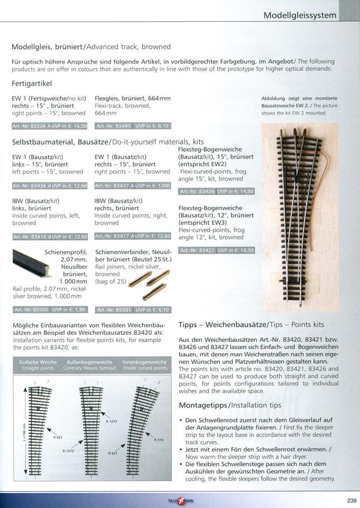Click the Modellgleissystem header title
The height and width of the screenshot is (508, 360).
tap(300, 15)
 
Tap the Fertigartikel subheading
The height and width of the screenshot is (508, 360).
tap(31, 83)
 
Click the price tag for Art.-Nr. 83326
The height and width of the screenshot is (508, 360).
tap(49, 125)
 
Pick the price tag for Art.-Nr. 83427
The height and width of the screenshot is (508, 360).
tap(216, 250)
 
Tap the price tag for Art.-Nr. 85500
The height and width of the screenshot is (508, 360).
tap(49, 309)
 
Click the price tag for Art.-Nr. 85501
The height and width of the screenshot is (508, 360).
tap(133, 309)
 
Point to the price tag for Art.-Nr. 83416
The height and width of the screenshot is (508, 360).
tap(49, 236)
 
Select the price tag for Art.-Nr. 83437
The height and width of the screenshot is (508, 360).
tap(133, 186)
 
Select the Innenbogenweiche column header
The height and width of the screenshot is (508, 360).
tap(145, 365)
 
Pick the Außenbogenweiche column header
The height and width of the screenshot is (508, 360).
tap(90, 365)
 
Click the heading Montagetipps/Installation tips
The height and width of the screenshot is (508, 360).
tap(230, 405)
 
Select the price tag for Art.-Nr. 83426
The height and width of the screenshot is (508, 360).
tap(216, 192)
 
